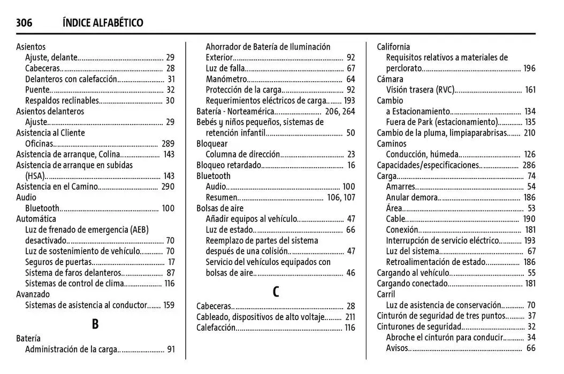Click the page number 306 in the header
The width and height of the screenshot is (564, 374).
point(24,22)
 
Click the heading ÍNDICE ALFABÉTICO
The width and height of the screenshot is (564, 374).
point(103,22)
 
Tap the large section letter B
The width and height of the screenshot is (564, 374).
point(95,324)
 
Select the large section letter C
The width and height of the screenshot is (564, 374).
point(276,292)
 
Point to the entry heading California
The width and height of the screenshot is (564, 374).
point(393,47)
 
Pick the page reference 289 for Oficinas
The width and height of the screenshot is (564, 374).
point(168,144)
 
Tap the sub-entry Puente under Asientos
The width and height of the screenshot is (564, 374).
point(37,90)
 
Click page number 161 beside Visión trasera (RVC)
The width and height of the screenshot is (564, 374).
point(530,90)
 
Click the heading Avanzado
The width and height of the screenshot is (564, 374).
point(33,294)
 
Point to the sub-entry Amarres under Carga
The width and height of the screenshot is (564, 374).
point(401,186)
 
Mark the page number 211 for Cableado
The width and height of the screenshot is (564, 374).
point(350,317)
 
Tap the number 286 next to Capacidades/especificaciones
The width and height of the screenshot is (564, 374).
point(529,165)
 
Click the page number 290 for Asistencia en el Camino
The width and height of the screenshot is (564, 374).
point(168,186)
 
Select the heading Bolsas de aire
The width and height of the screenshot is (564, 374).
point(219,208)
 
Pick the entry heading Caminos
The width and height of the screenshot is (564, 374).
point(392,144)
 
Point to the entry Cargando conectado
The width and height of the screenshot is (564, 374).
point(412,284)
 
